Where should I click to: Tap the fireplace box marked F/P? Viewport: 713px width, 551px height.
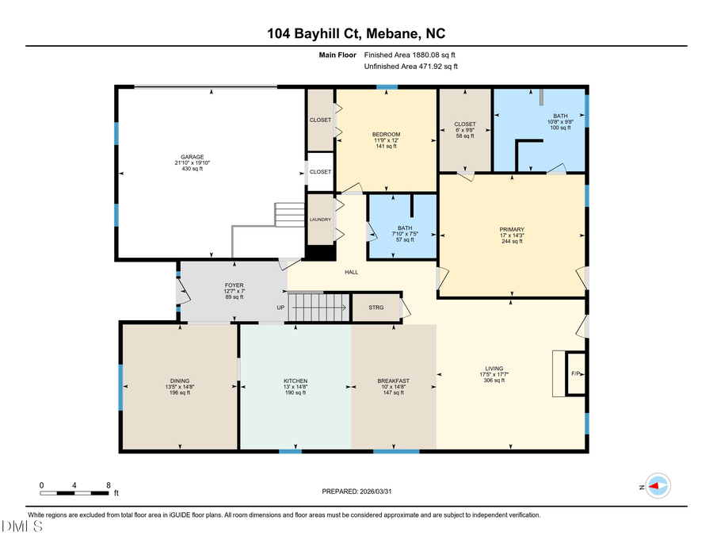576,373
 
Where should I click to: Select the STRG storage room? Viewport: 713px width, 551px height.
376,308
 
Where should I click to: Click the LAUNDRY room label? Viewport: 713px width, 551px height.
320,220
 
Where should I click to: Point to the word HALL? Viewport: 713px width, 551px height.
352,272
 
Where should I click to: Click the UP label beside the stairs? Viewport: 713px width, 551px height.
280,308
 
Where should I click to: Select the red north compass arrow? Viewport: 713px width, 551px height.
658,485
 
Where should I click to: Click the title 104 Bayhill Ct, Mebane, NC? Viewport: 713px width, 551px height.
356,33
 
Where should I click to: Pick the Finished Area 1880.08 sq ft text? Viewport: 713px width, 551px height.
410,55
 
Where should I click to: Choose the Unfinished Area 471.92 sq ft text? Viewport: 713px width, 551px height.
410,67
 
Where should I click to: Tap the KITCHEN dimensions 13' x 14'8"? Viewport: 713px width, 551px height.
295,387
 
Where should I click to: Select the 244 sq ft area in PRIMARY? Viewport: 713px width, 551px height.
511,242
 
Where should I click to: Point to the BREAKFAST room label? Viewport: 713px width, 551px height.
393,381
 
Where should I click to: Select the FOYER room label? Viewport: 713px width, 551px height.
234,285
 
